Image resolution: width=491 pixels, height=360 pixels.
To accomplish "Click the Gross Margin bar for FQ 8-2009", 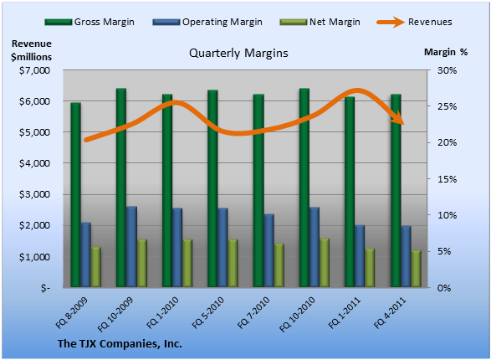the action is [75, 194].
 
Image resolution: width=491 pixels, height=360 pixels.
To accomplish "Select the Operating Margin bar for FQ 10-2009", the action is [131, 247].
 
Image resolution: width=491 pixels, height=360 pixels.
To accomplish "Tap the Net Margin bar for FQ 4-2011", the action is [417, 269].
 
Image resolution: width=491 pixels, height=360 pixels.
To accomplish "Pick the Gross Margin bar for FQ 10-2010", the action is [304, 188].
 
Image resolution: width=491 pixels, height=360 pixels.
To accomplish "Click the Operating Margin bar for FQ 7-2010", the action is [269, 250].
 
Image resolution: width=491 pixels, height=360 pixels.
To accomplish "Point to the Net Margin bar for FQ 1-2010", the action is [187, 263].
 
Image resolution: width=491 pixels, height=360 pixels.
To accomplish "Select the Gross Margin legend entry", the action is [90, 22].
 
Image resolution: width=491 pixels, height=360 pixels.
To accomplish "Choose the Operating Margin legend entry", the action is [207, 22].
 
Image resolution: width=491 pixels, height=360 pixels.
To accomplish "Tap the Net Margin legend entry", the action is [320, 22].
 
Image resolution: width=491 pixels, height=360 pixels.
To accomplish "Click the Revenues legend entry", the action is [415, 22].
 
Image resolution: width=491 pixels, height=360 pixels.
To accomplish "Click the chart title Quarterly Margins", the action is [238, 53].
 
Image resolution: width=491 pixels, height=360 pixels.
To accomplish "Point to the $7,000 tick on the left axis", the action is [35, 70].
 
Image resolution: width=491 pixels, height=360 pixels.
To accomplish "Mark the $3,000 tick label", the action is [35, 194].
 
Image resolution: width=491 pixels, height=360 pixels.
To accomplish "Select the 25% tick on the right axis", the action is [447, 106].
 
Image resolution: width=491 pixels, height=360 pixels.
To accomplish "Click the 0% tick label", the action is [444, 288].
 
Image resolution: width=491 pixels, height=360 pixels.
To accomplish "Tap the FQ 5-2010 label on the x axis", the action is [208, 312].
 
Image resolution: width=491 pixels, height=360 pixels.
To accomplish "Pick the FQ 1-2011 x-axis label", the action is [345, 312].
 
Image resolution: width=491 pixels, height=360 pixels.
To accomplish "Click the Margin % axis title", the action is [446, 52].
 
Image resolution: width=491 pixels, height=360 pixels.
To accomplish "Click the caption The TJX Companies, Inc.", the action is [120, 344].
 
